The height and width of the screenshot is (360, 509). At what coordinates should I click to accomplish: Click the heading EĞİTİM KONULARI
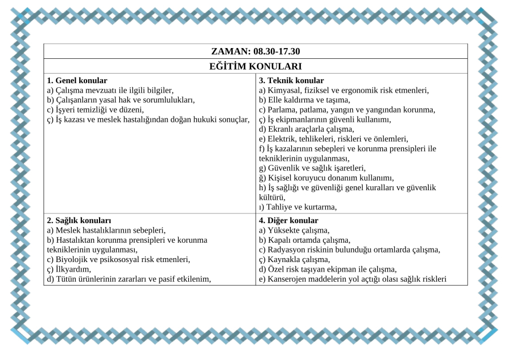pyautogui.click(x=255, y=66)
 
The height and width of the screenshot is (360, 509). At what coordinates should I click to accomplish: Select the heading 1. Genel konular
pyautogui.click(x=77, y=80)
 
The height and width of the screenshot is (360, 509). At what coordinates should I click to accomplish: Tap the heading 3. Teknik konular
pyautogui.click(x=291, y=80)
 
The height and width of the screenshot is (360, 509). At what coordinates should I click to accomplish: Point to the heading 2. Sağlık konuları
pyautogui.click(x=79, y=220)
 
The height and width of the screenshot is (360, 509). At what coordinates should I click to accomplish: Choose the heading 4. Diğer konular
pyautogui.click(x=288, y=220)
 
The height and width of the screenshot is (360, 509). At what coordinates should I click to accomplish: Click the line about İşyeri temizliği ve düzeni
pyautogui.click(x=96, y=109)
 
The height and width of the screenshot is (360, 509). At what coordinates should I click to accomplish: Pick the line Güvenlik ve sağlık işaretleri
pyautogui.click(x=312, y=168)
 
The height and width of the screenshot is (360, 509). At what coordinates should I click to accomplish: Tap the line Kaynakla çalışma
pyautogui.click(x=295, y=259)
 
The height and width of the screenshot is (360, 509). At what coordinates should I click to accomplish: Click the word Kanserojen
pyautogui.click(x=287, y=278)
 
